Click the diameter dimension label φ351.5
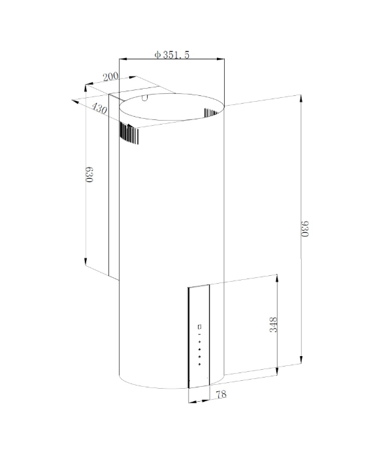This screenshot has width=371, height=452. pyautogui.click(x=172, y=54)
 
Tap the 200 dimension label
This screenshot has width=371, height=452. pyautogui.click(x=111, y=77)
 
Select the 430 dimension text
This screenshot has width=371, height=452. pyautogui.click(x=99, y=108)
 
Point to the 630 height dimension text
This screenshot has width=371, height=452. pyautogui.click(x=89, y=174)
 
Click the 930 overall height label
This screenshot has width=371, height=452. pyautogui.click(x=305, y=228)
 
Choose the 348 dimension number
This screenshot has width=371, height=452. pyautogui.click(x=273, y=325)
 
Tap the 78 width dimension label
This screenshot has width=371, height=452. pyautogui.click(x=221, y=394)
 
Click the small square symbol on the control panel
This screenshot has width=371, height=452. pyautogui.click(x=199, y=327)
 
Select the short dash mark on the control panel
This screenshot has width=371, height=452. pyautogui.click(x=199, y=335)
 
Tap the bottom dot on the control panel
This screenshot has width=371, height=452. pyautogui.click(x=199, y=364)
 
